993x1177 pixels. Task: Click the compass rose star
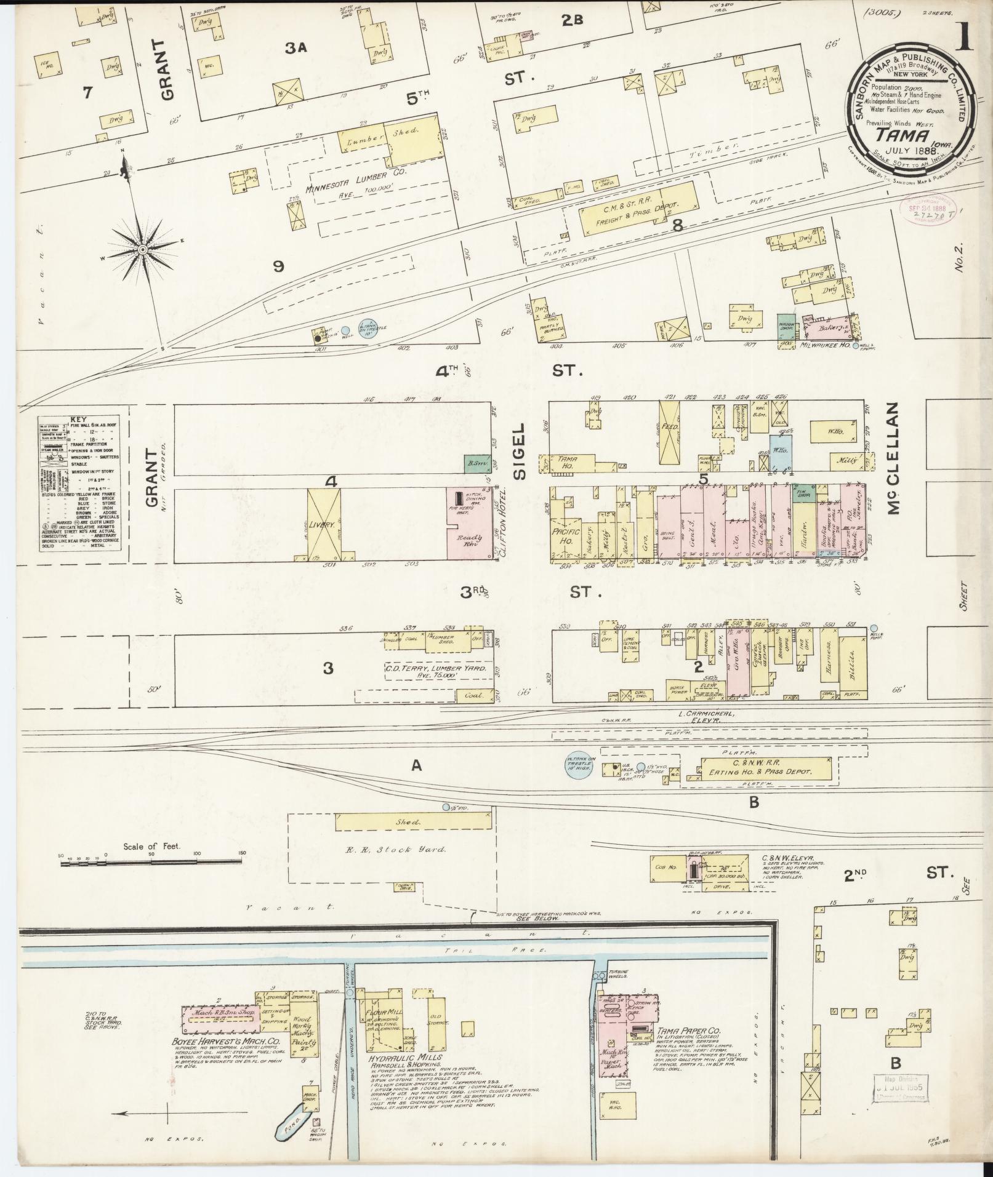tap(142, 250)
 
